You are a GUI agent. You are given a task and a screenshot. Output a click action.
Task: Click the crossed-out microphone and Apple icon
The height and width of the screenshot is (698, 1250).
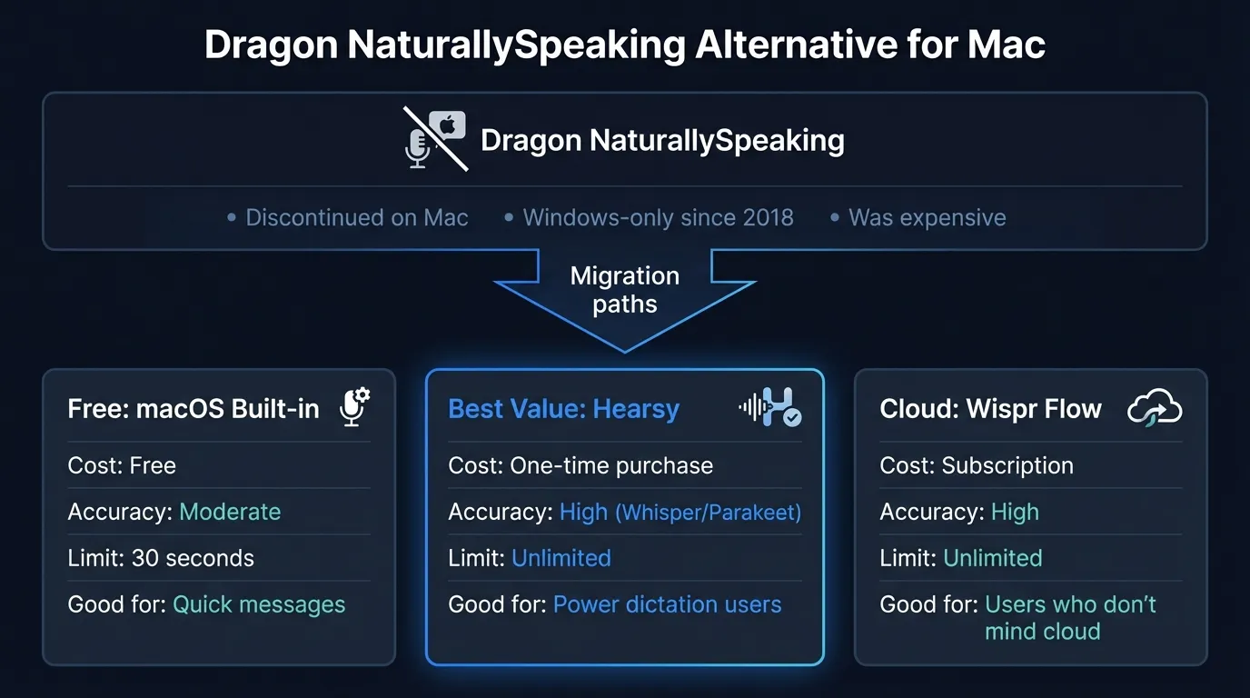(435, 139)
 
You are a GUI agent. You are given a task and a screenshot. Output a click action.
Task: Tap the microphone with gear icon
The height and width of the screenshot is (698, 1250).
(354, 407)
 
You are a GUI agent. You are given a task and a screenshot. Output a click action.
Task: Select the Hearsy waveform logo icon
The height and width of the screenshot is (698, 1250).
(770, 407)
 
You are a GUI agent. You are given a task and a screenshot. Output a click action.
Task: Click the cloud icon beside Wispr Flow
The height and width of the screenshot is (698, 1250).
(1154, 408)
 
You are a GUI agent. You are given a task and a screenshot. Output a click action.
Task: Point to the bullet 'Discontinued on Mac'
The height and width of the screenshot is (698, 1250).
(356, 218)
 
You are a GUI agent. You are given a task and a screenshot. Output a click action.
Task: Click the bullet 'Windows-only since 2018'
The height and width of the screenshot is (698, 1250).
(658, 218)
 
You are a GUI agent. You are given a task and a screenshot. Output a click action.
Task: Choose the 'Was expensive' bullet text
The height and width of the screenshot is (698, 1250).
(927, 218)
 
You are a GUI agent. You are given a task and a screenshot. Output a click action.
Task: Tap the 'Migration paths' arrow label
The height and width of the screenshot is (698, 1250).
(625, 289)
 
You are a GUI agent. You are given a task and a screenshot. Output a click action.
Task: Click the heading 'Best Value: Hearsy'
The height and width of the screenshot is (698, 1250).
(563, 409)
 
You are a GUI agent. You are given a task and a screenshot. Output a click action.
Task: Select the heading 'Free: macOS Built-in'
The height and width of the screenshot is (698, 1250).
(193, 409)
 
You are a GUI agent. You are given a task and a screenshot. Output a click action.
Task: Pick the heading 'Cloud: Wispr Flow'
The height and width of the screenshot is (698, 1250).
(990, 409)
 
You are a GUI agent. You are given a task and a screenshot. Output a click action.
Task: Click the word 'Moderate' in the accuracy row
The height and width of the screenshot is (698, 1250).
(230, 512)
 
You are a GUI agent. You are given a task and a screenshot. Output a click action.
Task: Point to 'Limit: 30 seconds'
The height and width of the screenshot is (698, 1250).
(161, 558)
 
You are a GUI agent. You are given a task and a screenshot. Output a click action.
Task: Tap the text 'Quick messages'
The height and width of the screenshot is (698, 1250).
(259, 604)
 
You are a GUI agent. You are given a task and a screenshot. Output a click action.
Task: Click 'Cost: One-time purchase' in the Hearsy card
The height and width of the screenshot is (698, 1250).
(580, 465)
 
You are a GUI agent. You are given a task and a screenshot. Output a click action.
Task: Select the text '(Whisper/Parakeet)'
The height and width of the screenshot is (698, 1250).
(709, 513)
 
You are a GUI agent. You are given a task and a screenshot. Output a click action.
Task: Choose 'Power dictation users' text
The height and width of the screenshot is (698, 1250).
(667, 604)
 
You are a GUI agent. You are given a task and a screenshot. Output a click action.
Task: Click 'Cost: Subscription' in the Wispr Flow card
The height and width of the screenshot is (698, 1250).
(977, 465)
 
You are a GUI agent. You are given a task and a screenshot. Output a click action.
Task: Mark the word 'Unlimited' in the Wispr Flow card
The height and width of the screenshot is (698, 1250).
(993, 558)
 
